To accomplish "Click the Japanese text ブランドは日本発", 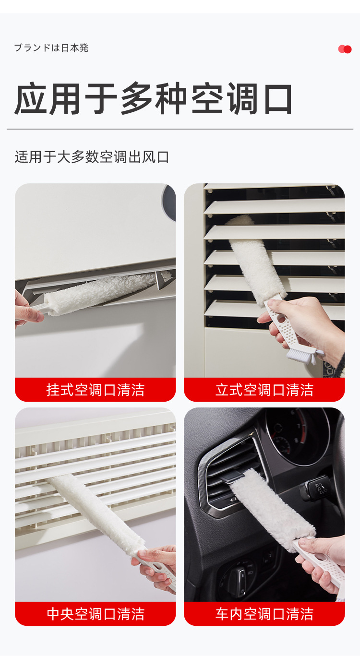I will pos(51,48).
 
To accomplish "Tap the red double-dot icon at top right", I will pos(345,49).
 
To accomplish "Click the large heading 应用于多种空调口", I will pos(154,99).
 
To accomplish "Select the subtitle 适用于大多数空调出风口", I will pos(92,157).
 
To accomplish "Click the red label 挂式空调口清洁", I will pos(95,390).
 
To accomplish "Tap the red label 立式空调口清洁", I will pos(264,390).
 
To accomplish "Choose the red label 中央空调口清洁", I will pos(95,614).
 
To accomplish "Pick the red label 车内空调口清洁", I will pos(264,614).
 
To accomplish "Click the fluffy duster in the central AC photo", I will pos(96,514).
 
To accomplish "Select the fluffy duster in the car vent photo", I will pos(269,509).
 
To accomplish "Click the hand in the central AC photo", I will pos(158,566).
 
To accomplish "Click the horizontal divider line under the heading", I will pos(180,129).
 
